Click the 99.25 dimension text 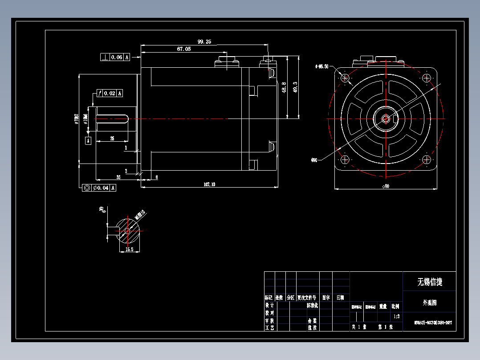204,41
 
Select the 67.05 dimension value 184,49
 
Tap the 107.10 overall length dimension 209,184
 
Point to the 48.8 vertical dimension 284,87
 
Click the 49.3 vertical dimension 295,87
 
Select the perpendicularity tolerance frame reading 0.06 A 115,57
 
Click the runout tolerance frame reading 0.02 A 109,93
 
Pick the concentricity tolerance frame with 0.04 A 100,188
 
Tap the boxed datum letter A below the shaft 88,141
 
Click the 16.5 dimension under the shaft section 129,250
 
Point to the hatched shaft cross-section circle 128,230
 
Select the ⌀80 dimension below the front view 386,187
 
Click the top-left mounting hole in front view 346,78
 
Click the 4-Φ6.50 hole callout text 321,66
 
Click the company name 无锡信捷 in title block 429,282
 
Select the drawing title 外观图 429,303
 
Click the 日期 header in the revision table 340,297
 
